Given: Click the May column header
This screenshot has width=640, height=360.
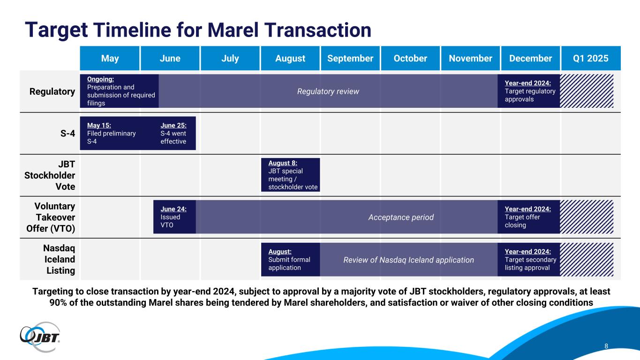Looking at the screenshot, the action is [x=110, y=58].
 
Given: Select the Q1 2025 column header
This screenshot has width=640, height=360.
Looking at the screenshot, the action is [x=591, y=58].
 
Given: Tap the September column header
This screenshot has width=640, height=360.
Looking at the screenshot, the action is [x=350, y=58].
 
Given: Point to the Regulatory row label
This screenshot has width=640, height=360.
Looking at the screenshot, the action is [x=53, y=91].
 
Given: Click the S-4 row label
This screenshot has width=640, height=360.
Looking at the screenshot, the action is [x=68, y=134].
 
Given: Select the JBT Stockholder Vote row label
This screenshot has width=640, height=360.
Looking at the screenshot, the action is [x=50, y=175].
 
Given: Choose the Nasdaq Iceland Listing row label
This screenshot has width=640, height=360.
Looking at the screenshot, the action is [x=59, y=259].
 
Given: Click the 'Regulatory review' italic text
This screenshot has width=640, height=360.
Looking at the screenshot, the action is [x=328, y=91].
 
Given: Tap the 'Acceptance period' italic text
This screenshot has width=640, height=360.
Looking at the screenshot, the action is [x=401, y=217].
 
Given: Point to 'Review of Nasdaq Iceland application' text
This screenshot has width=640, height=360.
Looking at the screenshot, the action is [x=408, y=260].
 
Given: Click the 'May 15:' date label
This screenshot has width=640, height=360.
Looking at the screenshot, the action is [x=99, y=126].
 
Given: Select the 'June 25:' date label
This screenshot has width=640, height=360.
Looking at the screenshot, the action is [x=173, y=126].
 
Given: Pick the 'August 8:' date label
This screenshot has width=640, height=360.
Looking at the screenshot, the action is [x=283, y=163].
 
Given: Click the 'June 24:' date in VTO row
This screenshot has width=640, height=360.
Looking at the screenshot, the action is [x=173, y=209].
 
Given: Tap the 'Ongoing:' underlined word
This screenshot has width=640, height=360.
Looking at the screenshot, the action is [x=100, y=79].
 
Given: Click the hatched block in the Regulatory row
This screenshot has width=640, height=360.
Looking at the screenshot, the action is [x=587, y=91].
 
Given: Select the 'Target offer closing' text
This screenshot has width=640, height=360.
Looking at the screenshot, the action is [x=522, y=221].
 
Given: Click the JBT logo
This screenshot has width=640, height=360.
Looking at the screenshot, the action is [x=40, y=337].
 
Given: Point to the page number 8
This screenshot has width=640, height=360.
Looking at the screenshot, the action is [x=606, y=346].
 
